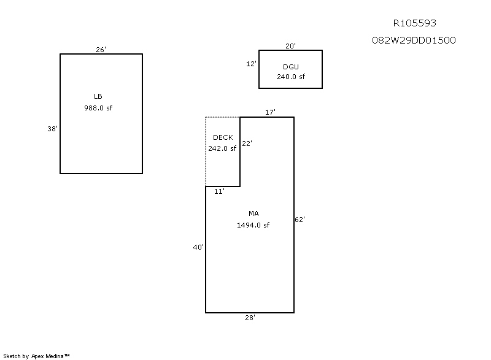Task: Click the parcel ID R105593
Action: (415, 23)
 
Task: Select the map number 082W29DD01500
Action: (414, 40)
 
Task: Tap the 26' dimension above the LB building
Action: (101, 50)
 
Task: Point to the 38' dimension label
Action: (52, 129)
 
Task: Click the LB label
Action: (98, 96)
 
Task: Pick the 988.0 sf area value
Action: (98, 108)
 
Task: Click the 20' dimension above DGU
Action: (290, 46)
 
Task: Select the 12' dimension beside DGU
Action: (251, 64)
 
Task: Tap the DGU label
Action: (290, 67)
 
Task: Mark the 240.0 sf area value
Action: (290, 77)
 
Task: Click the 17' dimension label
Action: (270, 112)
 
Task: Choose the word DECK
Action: (223, 137)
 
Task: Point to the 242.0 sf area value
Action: (222, 148)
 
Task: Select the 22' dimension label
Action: (247, 144)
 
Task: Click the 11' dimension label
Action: (219, 191)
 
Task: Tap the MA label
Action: (253, 213)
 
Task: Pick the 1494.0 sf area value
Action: (253, 225)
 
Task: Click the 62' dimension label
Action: (300, 220)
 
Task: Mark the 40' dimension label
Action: (198, 247)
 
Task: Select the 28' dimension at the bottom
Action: (250, 318)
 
